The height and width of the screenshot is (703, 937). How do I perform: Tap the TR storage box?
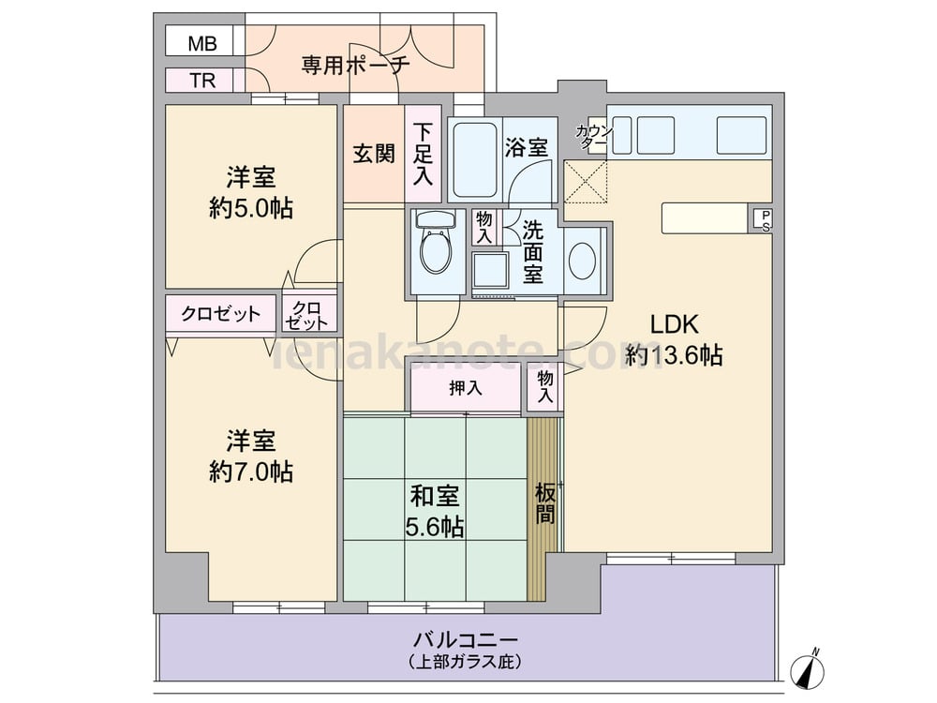pos(202,81)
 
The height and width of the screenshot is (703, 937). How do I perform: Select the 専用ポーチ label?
pos(355,65)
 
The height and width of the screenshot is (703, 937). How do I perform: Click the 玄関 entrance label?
pos(373,154)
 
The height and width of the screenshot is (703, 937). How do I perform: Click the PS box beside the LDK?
pos(764,220)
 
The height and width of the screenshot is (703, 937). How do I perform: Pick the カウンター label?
pos(593,137)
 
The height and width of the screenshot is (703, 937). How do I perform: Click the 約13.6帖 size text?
pos(675,355)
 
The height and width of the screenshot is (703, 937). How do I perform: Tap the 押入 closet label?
pos(465,387)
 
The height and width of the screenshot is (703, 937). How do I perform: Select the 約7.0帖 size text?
pos(250,471)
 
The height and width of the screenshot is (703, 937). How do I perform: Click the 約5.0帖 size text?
pos(250,207)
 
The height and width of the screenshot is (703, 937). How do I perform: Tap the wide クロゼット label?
pos(221,314)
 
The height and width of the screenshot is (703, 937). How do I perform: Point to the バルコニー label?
pos(466,640)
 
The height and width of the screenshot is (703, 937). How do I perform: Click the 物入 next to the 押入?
pos(545,386)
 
